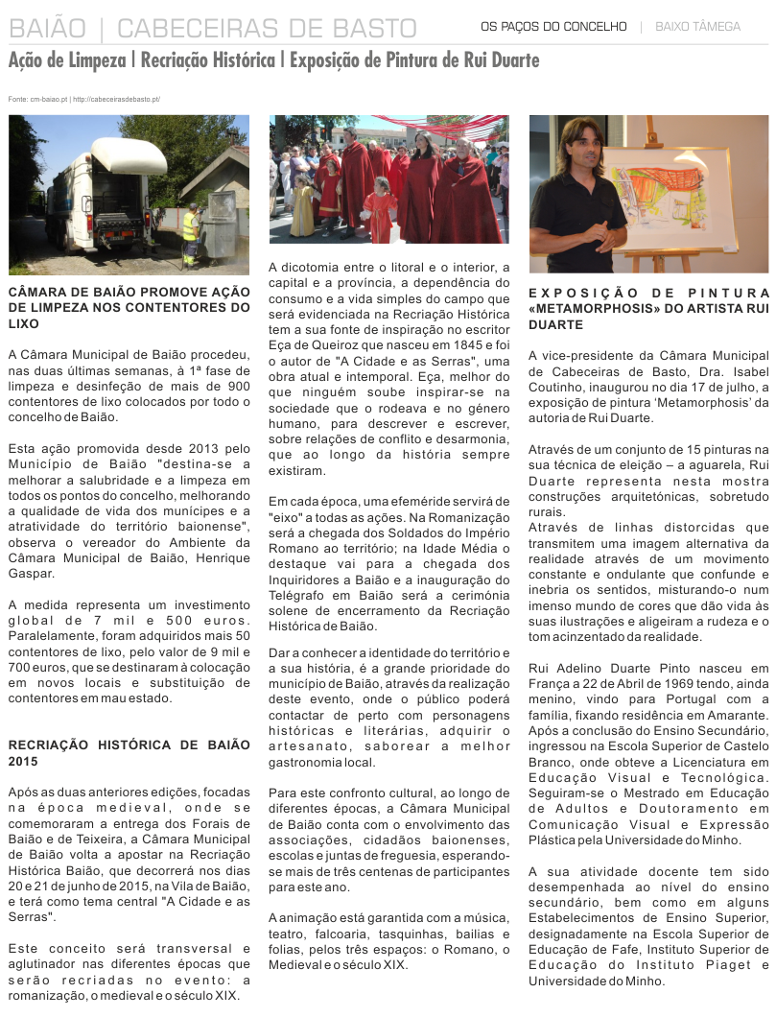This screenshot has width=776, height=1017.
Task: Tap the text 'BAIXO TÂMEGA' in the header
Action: coord(697,27)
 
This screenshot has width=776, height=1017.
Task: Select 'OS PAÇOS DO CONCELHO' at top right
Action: coord(553,27)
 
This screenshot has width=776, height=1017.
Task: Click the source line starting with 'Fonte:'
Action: coord(83,99)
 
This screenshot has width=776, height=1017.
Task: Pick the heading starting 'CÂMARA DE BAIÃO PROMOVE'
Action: coord(129,307)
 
